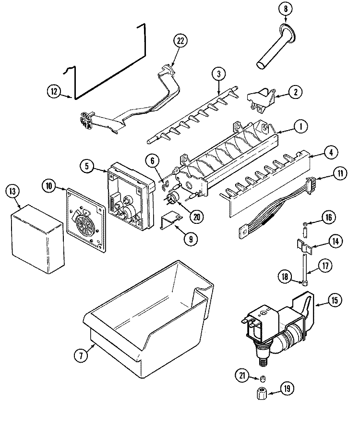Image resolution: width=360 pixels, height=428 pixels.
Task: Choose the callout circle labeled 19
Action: point(287,389)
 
